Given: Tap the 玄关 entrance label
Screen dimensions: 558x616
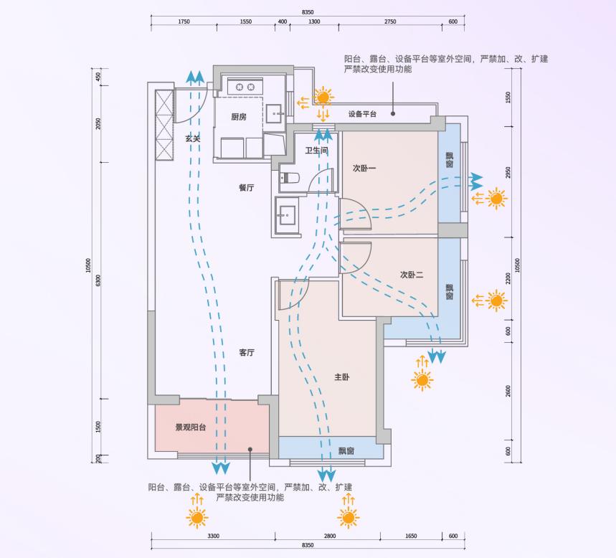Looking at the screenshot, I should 192,138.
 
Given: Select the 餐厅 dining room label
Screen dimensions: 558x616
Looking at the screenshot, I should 247,188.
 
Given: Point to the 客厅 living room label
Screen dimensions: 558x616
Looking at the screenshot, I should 247,353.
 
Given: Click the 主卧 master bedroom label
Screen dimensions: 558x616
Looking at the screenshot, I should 342,377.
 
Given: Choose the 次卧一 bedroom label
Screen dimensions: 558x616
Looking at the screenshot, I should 364,169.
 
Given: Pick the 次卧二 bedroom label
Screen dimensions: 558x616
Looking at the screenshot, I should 412,275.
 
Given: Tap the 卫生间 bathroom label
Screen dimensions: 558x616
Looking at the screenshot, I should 316,151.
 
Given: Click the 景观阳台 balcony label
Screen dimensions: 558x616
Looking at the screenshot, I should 191,428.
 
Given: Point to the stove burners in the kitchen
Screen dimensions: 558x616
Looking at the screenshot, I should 245,86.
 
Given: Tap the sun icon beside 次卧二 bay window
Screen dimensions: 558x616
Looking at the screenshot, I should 496,301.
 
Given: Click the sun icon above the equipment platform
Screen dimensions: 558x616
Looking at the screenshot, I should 324,97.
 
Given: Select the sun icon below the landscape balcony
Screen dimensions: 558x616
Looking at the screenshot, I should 196,516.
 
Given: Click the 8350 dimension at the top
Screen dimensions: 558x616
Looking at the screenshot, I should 308,12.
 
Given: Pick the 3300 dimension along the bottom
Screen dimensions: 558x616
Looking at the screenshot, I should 213,536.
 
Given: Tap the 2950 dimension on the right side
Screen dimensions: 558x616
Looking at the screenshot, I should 508,173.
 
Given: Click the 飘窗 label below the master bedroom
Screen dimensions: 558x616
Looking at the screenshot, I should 346,451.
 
